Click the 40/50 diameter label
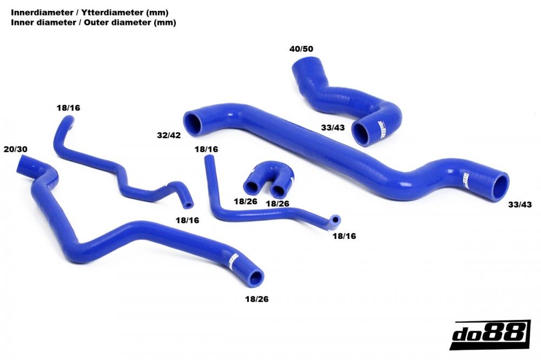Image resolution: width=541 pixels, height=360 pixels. pos(301,49)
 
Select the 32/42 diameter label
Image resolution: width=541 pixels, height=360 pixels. pos(169,135)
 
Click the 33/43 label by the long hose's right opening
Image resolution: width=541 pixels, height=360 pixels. pos(520,204)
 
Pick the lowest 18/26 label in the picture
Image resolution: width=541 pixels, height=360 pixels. pos(258,298)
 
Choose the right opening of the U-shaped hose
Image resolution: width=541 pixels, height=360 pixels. pos(280,190)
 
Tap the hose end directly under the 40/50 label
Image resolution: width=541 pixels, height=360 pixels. pos(301,69)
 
